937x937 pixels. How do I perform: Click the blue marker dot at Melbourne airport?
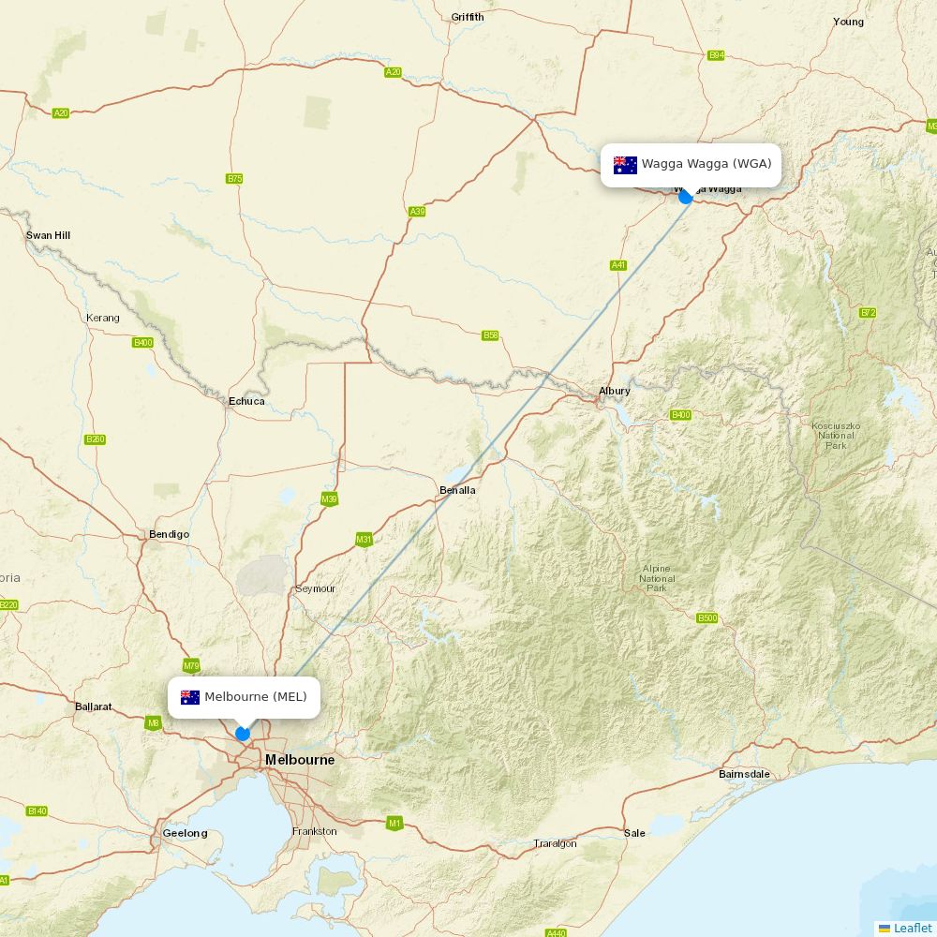point(243,734)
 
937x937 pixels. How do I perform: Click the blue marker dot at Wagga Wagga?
point(686,197)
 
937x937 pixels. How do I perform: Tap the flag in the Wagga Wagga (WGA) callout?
point(625,165)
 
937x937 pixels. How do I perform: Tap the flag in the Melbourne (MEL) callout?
point(190,697)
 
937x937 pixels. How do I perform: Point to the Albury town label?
point(615,391)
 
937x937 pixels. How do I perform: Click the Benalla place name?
point(457,490)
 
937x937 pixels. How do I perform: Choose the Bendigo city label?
point(169,534)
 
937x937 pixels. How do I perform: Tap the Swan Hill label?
point(48,235)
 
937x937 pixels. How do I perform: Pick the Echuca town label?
point(246,401)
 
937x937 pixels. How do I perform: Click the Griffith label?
point(468,17)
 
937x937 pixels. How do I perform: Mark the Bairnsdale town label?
point(744,774)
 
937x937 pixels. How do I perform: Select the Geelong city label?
point(185,833)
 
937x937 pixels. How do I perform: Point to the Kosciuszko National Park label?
point(836,436)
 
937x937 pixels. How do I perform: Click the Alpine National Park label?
point(657,578)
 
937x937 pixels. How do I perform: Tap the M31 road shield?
point(364,540)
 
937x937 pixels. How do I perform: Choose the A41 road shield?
point(618,265)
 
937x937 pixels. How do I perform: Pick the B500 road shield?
point(707,617)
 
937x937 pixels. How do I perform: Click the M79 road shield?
point(191,666)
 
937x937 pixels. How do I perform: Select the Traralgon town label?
point(555,843)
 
